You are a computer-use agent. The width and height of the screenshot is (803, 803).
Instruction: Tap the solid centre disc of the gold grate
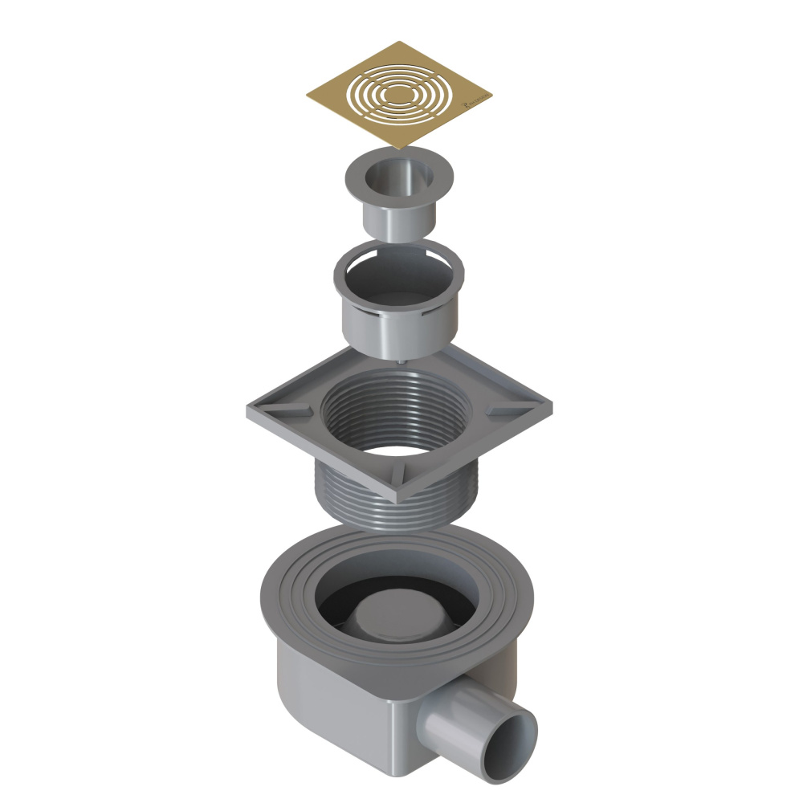click(x=399, y=95)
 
